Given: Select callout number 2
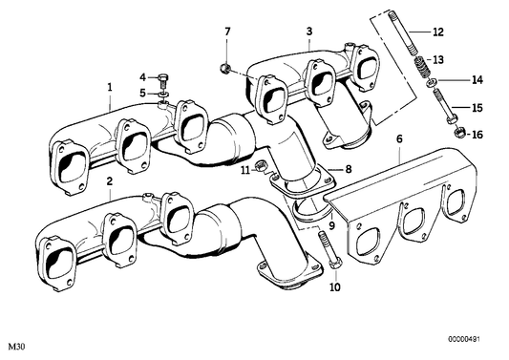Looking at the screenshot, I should click(x=110, y=180).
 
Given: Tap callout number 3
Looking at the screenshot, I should click(x=309, y=32).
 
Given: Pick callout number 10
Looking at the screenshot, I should click(x=335, y=286).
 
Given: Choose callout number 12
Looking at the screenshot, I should click(x=438, y=32).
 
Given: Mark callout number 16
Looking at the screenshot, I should click(x=477, y=135).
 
